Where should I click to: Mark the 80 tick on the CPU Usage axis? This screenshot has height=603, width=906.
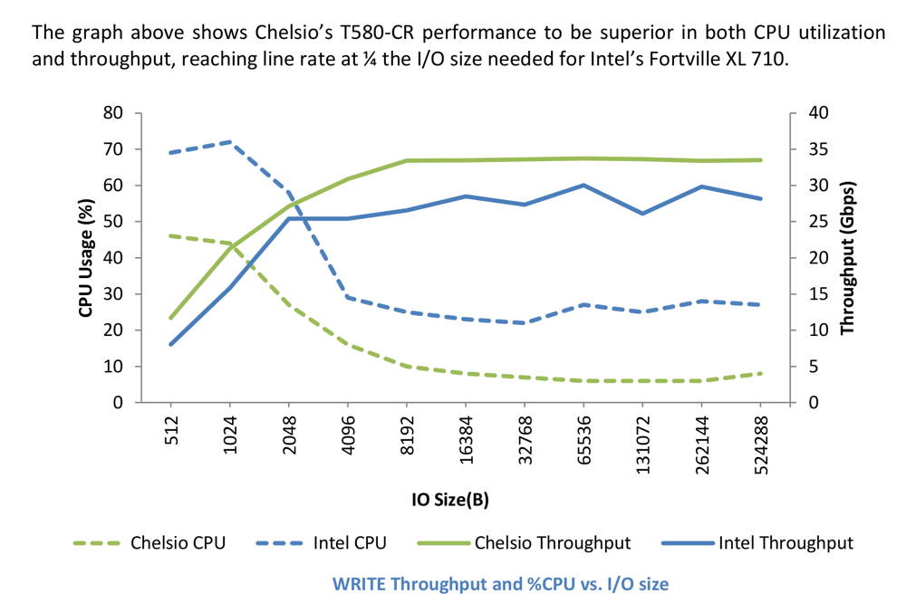point(114,113)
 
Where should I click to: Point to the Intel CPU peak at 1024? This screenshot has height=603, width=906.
point(230,142)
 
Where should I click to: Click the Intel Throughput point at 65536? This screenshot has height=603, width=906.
point(584,185)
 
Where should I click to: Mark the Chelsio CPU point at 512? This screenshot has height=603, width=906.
point(171,235)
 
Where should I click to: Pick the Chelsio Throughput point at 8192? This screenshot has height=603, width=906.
point(408,160)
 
